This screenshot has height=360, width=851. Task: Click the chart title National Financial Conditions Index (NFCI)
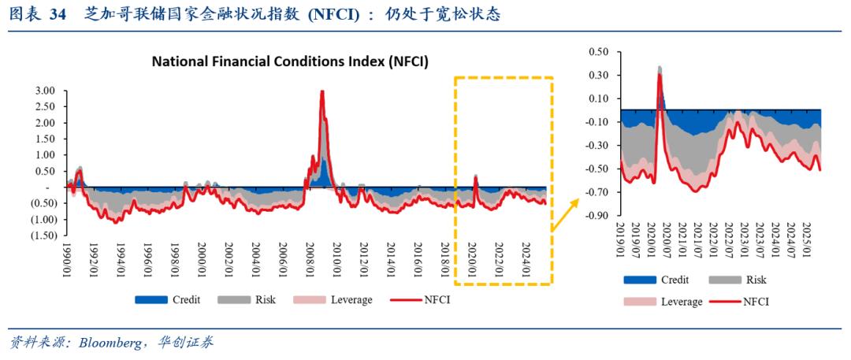[x=290, y=62]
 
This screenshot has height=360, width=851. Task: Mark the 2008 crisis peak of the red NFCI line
[x=322, y=91]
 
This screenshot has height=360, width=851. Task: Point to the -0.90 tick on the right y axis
[x=600, y=216]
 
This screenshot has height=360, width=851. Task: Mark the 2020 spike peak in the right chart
[x=660, y=74]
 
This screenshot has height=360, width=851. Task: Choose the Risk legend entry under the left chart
[x=247, y=299]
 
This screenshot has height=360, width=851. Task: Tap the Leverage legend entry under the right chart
[x=663, y=302]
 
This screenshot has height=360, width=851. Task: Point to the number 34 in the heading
[x=58, y=16]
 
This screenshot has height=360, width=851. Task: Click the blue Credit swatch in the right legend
[x=639, y=280]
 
